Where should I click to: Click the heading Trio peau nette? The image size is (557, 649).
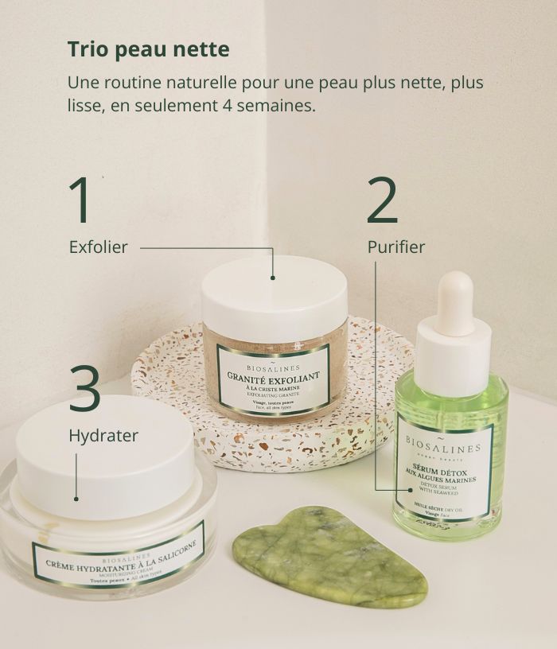point(148,49)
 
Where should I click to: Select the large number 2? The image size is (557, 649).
point(382,201)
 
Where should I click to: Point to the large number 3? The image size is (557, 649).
point(84,391)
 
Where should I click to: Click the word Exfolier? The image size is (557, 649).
point(98,247)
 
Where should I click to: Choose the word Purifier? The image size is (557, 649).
point(396,247)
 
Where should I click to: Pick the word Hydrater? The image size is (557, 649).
point(103,436)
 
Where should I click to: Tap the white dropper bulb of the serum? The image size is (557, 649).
point(455,302)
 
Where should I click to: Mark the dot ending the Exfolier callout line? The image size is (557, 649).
point(273,278)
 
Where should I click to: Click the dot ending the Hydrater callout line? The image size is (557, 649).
point(76,498)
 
